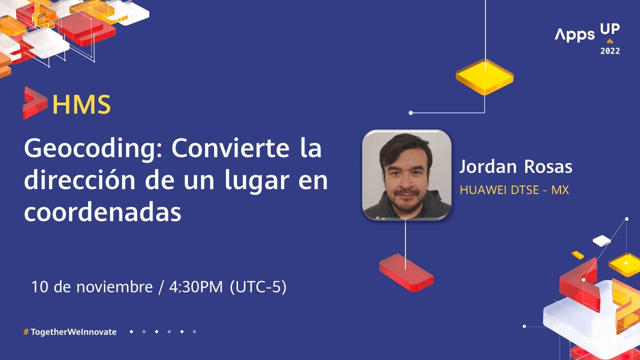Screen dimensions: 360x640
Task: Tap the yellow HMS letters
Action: point(81,104)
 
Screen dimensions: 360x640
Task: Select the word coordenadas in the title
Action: point(102,212)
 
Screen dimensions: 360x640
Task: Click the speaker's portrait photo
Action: point(406,175)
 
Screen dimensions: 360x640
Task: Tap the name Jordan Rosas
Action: point(515,167)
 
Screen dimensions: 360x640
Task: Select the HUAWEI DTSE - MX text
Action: point(514,190)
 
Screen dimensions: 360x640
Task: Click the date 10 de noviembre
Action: point(91,287)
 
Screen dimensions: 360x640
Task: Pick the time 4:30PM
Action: point(195,287)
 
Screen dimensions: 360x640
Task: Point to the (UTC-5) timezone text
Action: point(258,287)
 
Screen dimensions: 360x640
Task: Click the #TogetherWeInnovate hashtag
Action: point(70,332)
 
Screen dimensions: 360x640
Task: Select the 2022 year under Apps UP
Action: point(610,51)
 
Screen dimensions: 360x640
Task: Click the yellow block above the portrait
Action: point(484,76)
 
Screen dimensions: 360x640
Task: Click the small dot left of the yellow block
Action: point(411,113)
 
